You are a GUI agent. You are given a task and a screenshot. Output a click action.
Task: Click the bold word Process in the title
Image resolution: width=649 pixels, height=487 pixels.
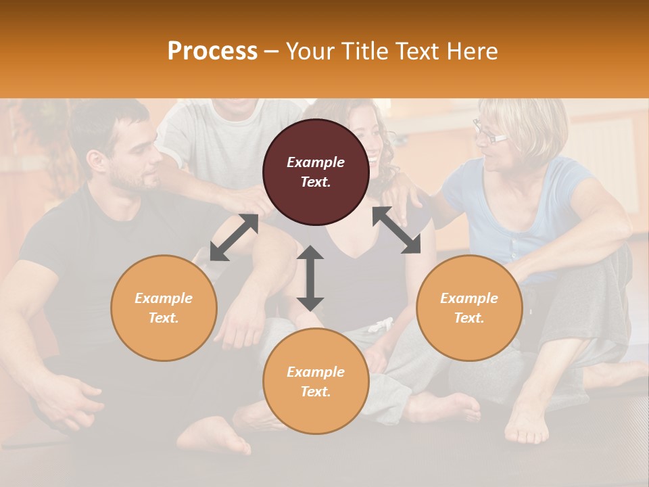pos(212,51)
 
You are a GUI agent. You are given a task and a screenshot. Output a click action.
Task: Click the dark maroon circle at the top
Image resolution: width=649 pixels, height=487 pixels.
pos(316,172)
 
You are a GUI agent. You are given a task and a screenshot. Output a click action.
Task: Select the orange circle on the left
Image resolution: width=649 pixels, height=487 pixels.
pos(164,308)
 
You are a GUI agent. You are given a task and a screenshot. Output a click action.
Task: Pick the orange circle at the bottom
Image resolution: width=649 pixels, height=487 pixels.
pos(316,381)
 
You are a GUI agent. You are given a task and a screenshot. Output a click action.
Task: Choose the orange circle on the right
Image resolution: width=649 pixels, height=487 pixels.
pos(469,308)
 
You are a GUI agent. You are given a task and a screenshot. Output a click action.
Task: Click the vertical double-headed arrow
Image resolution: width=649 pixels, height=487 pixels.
pos(310,278)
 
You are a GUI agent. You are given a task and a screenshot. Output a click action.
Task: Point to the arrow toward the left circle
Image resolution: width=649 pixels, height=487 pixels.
pos(234,237)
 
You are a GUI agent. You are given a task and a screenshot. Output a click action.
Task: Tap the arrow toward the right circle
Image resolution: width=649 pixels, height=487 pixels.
pos(396,230)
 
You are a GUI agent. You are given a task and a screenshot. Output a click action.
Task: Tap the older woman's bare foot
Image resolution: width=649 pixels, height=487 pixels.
pos(527,419)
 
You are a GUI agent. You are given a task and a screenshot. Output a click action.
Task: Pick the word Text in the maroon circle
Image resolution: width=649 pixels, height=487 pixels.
pos(315,182)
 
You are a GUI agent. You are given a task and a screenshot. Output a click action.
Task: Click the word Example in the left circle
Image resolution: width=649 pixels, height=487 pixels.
pos(164,298)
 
